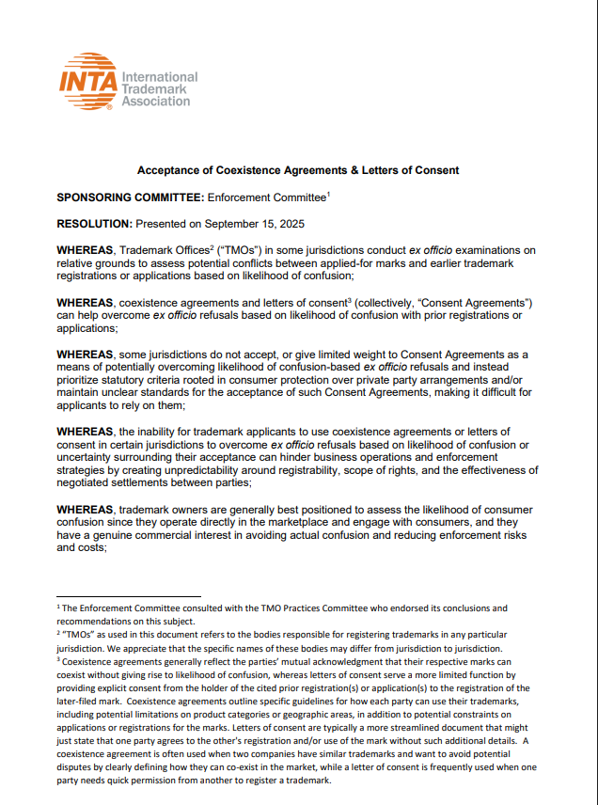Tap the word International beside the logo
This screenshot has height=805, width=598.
point(161,77)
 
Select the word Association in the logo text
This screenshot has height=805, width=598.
point(157,102)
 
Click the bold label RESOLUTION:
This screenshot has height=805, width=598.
point(95,224)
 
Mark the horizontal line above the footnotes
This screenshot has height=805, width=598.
point(129,596)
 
